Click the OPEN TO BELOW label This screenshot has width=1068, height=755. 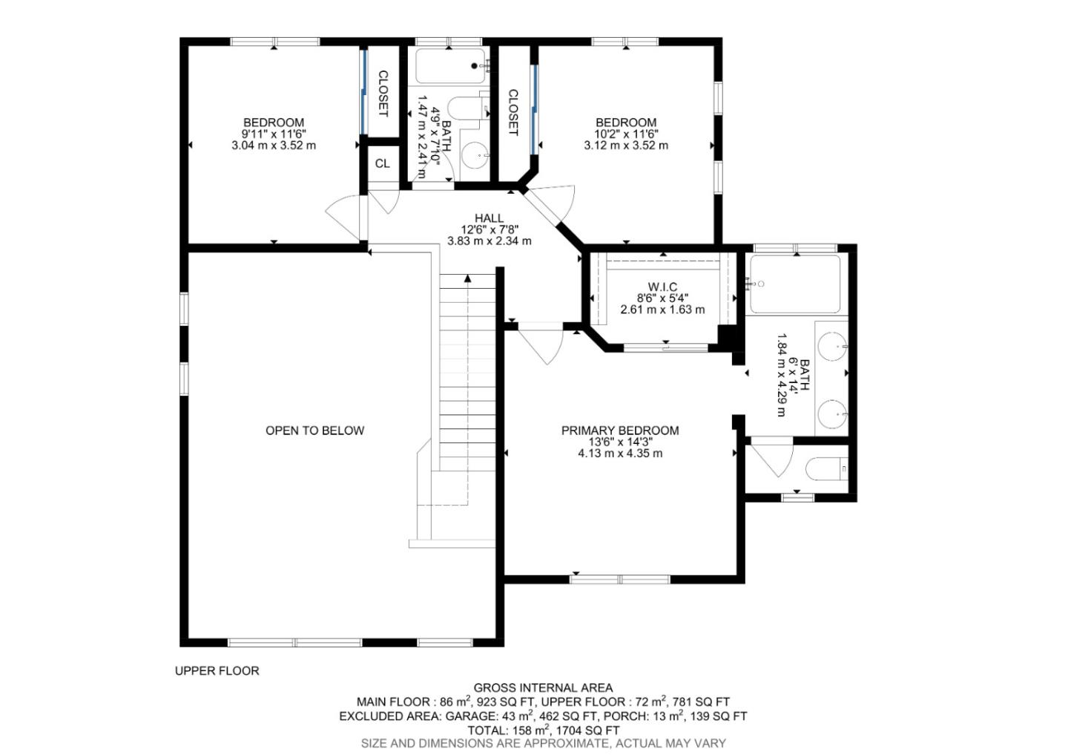[314, 431]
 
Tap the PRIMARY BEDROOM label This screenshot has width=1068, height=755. [620, 431]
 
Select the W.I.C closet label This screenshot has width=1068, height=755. [662, 287]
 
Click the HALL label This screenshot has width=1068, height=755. [489, 218]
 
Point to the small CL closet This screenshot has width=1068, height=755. [382, 164]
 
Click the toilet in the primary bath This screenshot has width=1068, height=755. [825, 469]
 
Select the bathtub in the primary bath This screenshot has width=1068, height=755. [794, 284]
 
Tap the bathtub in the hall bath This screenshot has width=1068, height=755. [450, 66]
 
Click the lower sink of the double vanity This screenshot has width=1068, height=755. [832, 413]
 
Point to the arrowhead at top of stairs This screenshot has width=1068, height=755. [467, 279]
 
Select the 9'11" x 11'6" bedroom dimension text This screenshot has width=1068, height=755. [274, 134]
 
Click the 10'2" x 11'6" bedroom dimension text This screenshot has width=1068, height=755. [626, 134]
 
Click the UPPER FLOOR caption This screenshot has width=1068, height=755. [217, 671]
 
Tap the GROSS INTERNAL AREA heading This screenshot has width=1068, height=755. [543, 688]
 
